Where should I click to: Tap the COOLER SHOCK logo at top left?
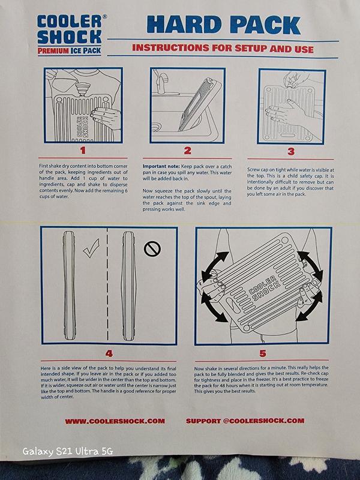tap(70, 29)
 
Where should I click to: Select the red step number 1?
tap(83, 151)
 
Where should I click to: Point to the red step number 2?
tap(187, 151)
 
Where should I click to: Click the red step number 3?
tap(291, 152)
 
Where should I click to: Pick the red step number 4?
tap(109, 353)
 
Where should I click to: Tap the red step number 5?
tap(263, 353)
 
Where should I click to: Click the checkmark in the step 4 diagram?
tap(92, 248)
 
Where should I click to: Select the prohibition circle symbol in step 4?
tap(152, 249)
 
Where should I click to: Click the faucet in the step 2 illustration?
tap(160, 81)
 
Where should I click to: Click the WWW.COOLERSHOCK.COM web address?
tap(115, 421)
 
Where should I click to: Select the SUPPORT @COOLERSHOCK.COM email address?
tap(245, 421)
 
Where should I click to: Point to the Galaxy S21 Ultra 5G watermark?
tap(68, 451)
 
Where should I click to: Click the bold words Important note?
tap(161, 166)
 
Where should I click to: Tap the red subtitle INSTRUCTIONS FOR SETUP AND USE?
tap(223, 49)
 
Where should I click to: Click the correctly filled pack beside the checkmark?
tap(69, 286)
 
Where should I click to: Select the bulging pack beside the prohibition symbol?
tap(128, 286)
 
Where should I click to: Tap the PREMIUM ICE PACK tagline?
tap(69, 51)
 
